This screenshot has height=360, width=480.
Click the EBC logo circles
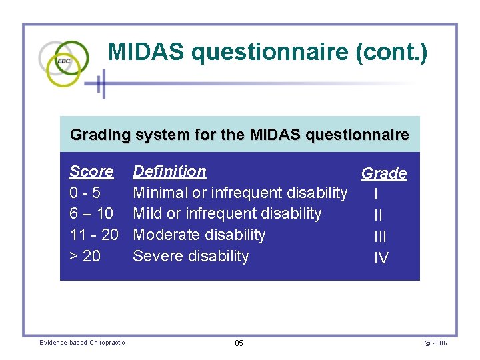pos(63,63)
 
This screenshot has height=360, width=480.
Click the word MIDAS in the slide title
pos(147,53)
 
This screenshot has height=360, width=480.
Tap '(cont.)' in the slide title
pos(392,53)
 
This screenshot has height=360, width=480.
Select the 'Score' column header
pos(91,171)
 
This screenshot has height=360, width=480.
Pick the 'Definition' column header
pos(169,171)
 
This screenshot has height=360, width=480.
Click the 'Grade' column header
pos(384,173)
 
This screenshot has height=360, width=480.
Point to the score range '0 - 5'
pos(85,193)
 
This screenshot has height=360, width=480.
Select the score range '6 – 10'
pos(92,214)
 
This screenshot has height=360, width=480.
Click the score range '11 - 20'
pos(94,235)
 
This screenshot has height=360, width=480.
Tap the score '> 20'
pos(85,256)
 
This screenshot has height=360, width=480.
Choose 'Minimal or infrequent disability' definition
pos(240,193)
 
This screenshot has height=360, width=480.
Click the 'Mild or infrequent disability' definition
pos(227,214)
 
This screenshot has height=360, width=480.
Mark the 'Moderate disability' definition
pos(199,235)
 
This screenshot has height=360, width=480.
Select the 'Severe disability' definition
pos(191,256)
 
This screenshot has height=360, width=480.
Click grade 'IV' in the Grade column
pos(381,258)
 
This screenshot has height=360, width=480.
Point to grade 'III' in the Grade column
pos(380,237)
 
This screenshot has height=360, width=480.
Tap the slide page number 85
pos(239,343)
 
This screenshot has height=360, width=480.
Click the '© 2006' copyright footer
pos(435,343)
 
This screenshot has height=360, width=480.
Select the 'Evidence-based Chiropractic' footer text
pos(82,343)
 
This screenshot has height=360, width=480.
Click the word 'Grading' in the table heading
pos(100,135)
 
